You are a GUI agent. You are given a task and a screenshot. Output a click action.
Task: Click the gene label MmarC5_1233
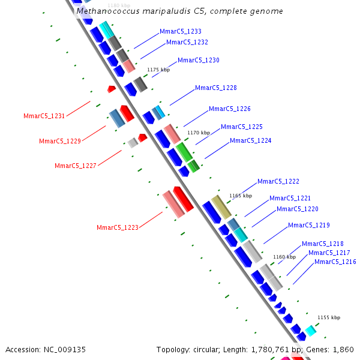pyautogui.click(x=181, y=31)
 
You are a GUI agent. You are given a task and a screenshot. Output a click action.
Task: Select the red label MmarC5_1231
pyautogui.click(x=44, y=116)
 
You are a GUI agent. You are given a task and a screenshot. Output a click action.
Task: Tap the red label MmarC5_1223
pyautogui.click(x=118, y=227)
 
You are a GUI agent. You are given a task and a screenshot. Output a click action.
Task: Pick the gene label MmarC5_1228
pyautogui.click(x=216, y=88)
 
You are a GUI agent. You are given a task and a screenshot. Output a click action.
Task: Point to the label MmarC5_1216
pyautogui.click(x=335, y=262)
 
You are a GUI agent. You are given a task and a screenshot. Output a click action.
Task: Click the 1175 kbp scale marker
pyautogui.click(x=158, y=70)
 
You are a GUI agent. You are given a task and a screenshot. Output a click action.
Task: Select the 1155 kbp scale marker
pyautogui.click(x=329, y=317)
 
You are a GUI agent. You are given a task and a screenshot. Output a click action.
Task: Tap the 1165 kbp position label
pyautogui.click(x=241, y=196)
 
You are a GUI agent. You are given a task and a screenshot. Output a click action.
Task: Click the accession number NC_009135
pyautogui.click(x=65, y=350)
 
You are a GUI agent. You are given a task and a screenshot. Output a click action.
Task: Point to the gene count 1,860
pyautogui.click(x=343, y=350)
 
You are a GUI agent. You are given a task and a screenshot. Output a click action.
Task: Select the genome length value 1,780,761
pyautogui.click(x=270, y=350)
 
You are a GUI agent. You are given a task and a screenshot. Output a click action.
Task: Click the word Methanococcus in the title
pyautogui.click(x=108, y=11)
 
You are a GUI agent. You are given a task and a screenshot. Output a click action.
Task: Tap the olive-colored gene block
pyautogui.click(x=221, y=207)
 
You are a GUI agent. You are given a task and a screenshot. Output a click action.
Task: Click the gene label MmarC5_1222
pyautogui.click(x=278, y=181)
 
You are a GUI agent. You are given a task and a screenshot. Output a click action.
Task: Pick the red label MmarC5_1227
pyautogui.click(x=76, y=166)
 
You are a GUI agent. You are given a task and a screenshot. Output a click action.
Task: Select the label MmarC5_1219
pyautogui.click(x=309, y=225)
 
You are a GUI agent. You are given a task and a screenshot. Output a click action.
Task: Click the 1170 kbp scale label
pyautogui.click(x=199, y=133)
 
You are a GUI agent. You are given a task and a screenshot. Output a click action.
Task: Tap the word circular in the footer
pyautogui.click(x=206, y=350)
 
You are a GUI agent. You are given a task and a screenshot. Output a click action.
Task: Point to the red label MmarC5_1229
pyautogui.click(x=60, y=141)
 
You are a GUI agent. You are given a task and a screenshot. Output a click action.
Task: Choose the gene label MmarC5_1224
pyautogui.click(x=250, y=140)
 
